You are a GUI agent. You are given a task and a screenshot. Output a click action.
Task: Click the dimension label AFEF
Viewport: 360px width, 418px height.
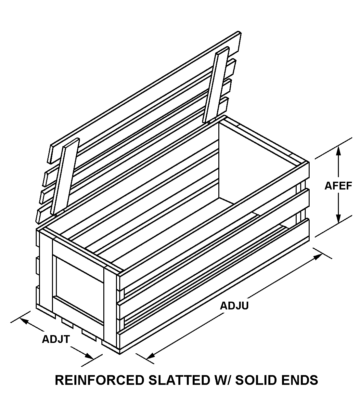(338, 186)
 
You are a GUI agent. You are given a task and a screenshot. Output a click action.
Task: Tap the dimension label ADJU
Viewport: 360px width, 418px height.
(234, 306)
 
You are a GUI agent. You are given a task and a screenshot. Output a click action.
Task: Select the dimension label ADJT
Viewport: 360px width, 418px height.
(56, 339)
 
